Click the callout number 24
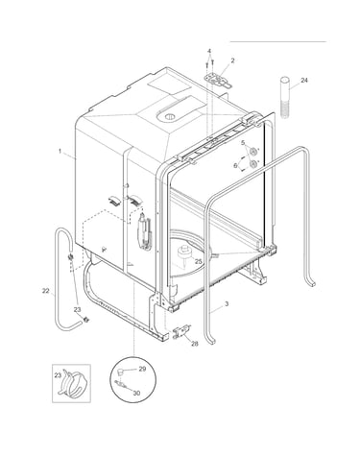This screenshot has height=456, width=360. point(304,80)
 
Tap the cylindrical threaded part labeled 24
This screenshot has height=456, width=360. point(285,98)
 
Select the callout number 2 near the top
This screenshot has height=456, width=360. point(232,60)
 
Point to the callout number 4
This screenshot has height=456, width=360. point(209,51)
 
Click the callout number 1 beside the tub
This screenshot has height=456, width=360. point(60,151)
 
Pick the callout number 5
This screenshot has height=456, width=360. point(243,142)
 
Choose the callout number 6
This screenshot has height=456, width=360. point(235,165)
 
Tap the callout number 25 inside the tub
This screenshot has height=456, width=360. point(199,261)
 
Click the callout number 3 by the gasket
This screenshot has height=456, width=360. point(227,303)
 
